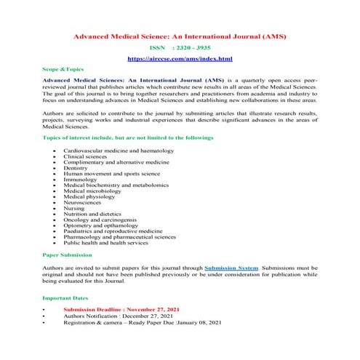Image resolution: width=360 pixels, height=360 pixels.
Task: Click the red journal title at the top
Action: click(180, 34)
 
